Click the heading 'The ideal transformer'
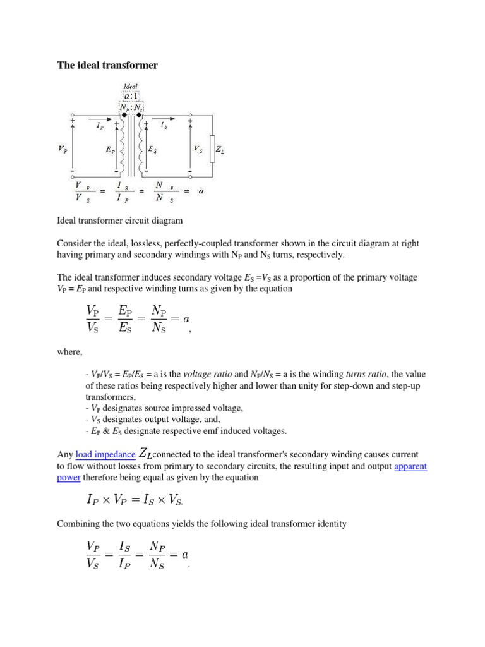click(107, 65)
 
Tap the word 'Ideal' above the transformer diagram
click(131, 87)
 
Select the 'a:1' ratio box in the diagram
click(131, 96)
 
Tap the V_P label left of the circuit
click(61, 150)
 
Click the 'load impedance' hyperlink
click(105, 454)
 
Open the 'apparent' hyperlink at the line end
click(410, 466)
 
